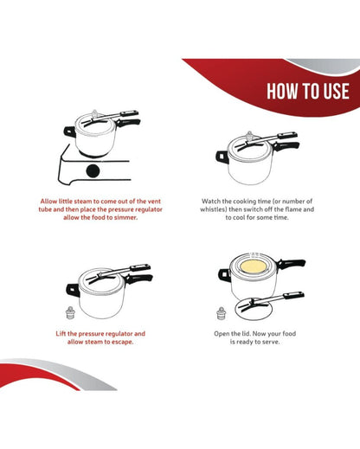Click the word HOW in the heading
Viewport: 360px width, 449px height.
(x=279, y=92)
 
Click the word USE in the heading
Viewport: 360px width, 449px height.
(x=337, y=92)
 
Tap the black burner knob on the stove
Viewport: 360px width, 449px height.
(x=93, y=171)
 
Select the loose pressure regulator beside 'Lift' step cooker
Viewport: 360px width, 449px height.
(x=70, y=313)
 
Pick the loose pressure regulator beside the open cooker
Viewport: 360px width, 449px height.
(x=221, y=314)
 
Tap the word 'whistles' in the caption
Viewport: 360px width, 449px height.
(x=212, y=209)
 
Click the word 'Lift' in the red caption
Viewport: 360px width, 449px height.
(x=61, y=334)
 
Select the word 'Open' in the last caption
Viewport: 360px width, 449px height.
(x=222, y=334)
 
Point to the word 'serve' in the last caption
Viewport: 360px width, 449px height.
(x=272, y=342)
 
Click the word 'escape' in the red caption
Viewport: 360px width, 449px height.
(x=122, y=342)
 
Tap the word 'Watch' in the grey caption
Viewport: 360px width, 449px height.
(x=211, y=201)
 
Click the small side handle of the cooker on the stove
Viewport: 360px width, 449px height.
(x=69, y=131)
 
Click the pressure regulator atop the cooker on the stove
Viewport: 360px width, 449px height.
(x=94, y=113)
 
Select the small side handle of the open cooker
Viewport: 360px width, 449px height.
(x=224, y=275)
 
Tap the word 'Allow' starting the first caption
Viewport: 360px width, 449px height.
(x=48, y=201)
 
